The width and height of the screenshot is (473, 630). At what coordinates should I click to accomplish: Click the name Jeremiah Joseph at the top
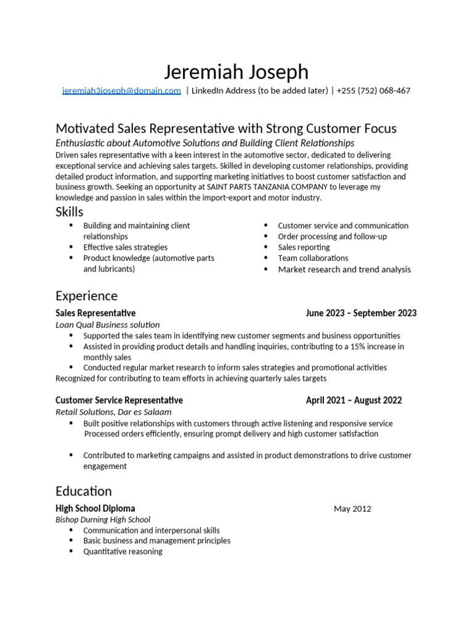tap(236, 72)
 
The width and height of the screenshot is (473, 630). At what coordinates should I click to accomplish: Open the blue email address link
tap(121, 91)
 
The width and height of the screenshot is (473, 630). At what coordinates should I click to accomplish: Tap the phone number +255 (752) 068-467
tap(373, 91)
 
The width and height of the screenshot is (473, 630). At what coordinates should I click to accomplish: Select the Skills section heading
tap(69, 212)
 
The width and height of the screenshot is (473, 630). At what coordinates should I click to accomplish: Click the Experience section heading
tap(86, 297)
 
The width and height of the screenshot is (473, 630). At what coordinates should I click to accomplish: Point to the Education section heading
tap(84, 492)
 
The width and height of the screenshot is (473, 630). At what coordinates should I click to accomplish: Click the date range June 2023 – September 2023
tap(361, 313)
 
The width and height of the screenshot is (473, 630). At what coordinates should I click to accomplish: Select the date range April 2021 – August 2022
tap(354, 401)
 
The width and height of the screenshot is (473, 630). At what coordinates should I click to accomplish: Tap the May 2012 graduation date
tap(352, 509)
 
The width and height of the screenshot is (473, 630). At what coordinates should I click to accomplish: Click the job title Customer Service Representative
tap(119, 401)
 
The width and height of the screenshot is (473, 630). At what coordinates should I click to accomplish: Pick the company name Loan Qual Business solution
tap(108, 325)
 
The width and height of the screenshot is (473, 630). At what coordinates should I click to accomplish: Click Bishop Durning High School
tap(103, 520)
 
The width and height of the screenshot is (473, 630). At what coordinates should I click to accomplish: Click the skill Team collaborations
tap(313, 258)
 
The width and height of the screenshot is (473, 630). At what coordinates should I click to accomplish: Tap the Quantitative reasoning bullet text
tap(123, 552)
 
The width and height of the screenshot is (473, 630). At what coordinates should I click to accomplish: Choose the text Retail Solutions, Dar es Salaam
tap(113, 412)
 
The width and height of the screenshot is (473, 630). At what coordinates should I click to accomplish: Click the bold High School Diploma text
tap(95, 509)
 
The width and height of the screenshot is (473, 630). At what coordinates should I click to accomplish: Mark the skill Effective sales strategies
tap(125, 247)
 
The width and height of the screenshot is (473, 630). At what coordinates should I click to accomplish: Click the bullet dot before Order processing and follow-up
tap(265, 237)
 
